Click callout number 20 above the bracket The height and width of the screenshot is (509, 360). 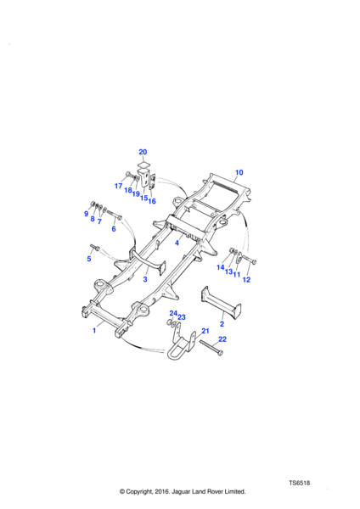(x=143, y=152)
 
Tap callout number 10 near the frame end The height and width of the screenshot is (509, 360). (x=239, y=172)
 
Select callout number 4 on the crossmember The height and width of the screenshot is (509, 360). (x=177, y=243)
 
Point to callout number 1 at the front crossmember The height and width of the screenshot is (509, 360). (x=94, y=331)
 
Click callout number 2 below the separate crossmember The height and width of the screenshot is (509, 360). (x=222, y=324)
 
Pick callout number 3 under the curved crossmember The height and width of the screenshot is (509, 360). (x=145, y=279)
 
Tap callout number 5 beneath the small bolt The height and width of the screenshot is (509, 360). (x=89, y=259)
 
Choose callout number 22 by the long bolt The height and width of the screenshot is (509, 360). (x=222, y=338)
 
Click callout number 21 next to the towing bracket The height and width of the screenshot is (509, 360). (x=205, y=331)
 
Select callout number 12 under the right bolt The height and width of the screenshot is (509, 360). (x=246, y=279)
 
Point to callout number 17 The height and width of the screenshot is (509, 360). (x=118, y=186)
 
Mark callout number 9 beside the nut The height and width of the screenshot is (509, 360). (x=86, y=213)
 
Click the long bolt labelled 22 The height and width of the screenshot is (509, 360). (x=211, y=347)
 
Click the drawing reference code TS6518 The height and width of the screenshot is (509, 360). (x=299, y=483)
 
